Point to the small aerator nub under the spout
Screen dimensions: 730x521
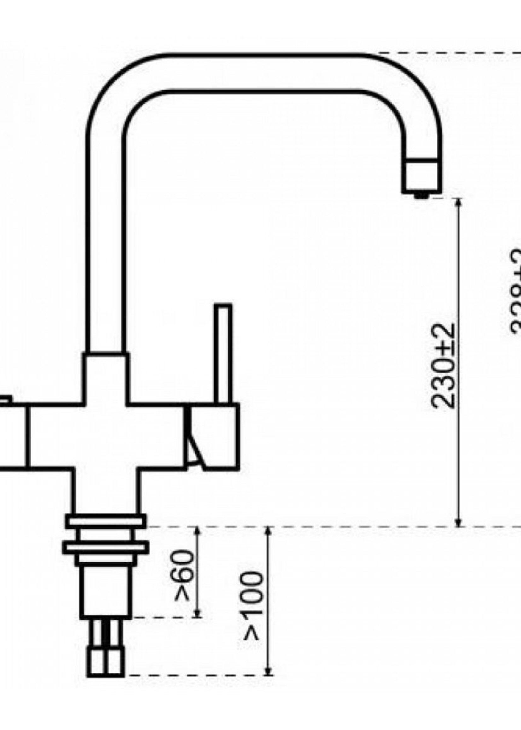[x=422, y=195]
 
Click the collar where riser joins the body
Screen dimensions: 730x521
[x=106, y=377]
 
